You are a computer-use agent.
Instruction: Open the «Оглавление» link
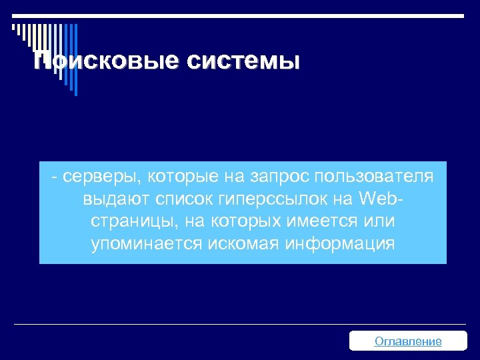pos(408,341)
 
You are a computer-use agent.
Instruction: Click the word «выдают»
pos(111,199)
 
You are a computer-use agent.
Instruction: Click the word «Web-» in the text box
pos(382,199)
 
